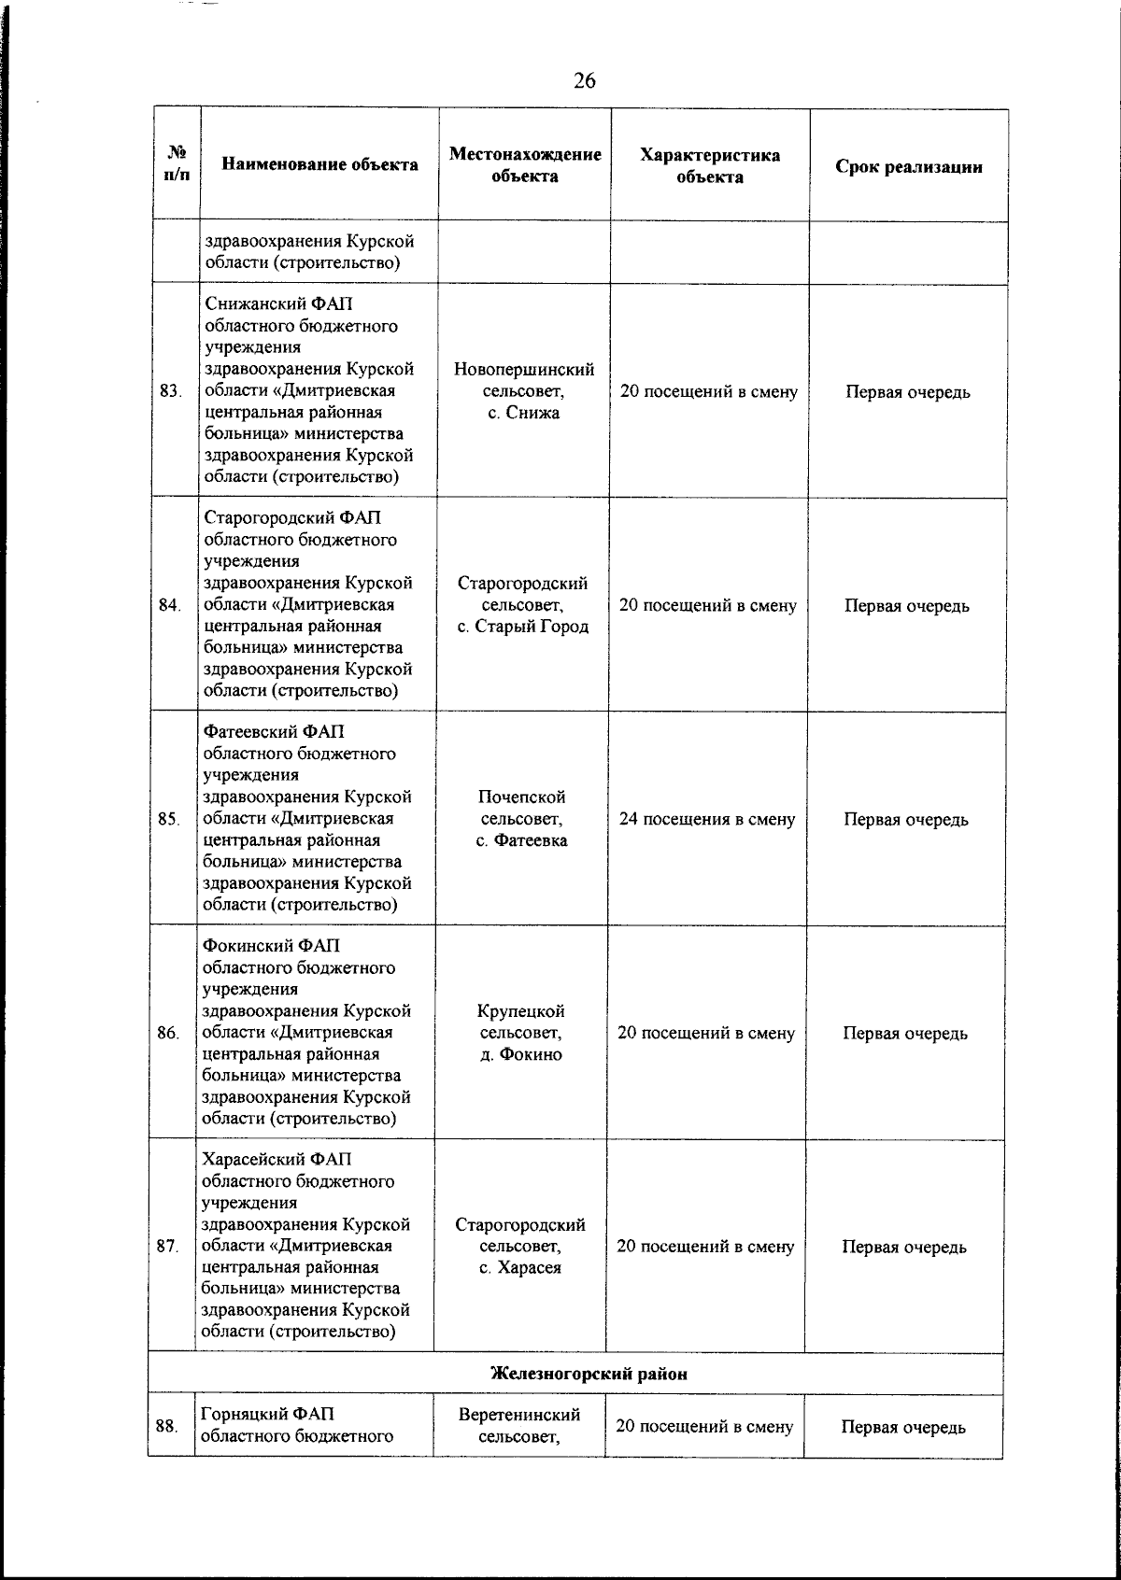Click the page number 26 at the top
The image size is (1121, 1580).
click(584, 81)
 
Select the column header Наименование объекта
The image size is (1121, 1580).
click(319, 165)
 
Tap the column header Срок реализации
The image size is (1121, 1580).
click(908, 167)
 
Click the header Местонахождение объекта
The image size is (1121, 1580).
click(524, 165)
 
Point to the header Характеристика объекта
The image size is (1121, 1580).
click(710, 165)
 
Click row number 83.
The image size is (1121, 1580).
click(170, 391)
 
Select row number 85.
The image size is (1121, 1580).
click(168, 819)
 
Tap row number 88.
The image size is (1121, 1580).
click(166, 1426)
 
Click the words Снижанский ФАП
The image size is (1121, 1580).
click(278, 305)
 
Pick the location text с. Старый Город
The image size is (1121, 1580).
click(522, 627)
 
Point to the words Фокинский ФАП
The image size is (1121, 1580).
click(277, 946)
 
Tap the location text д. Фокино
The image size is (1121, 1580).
click(520, 1054)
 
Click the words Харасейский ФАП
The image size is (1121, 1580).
click(277, 1160)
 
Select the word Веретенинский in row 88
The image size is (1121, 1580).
click(519, 1415)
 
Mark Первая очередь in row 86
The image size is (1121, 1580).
click(904, 1033)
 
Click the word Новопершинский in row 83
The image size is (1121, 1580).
click(523, 370)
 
